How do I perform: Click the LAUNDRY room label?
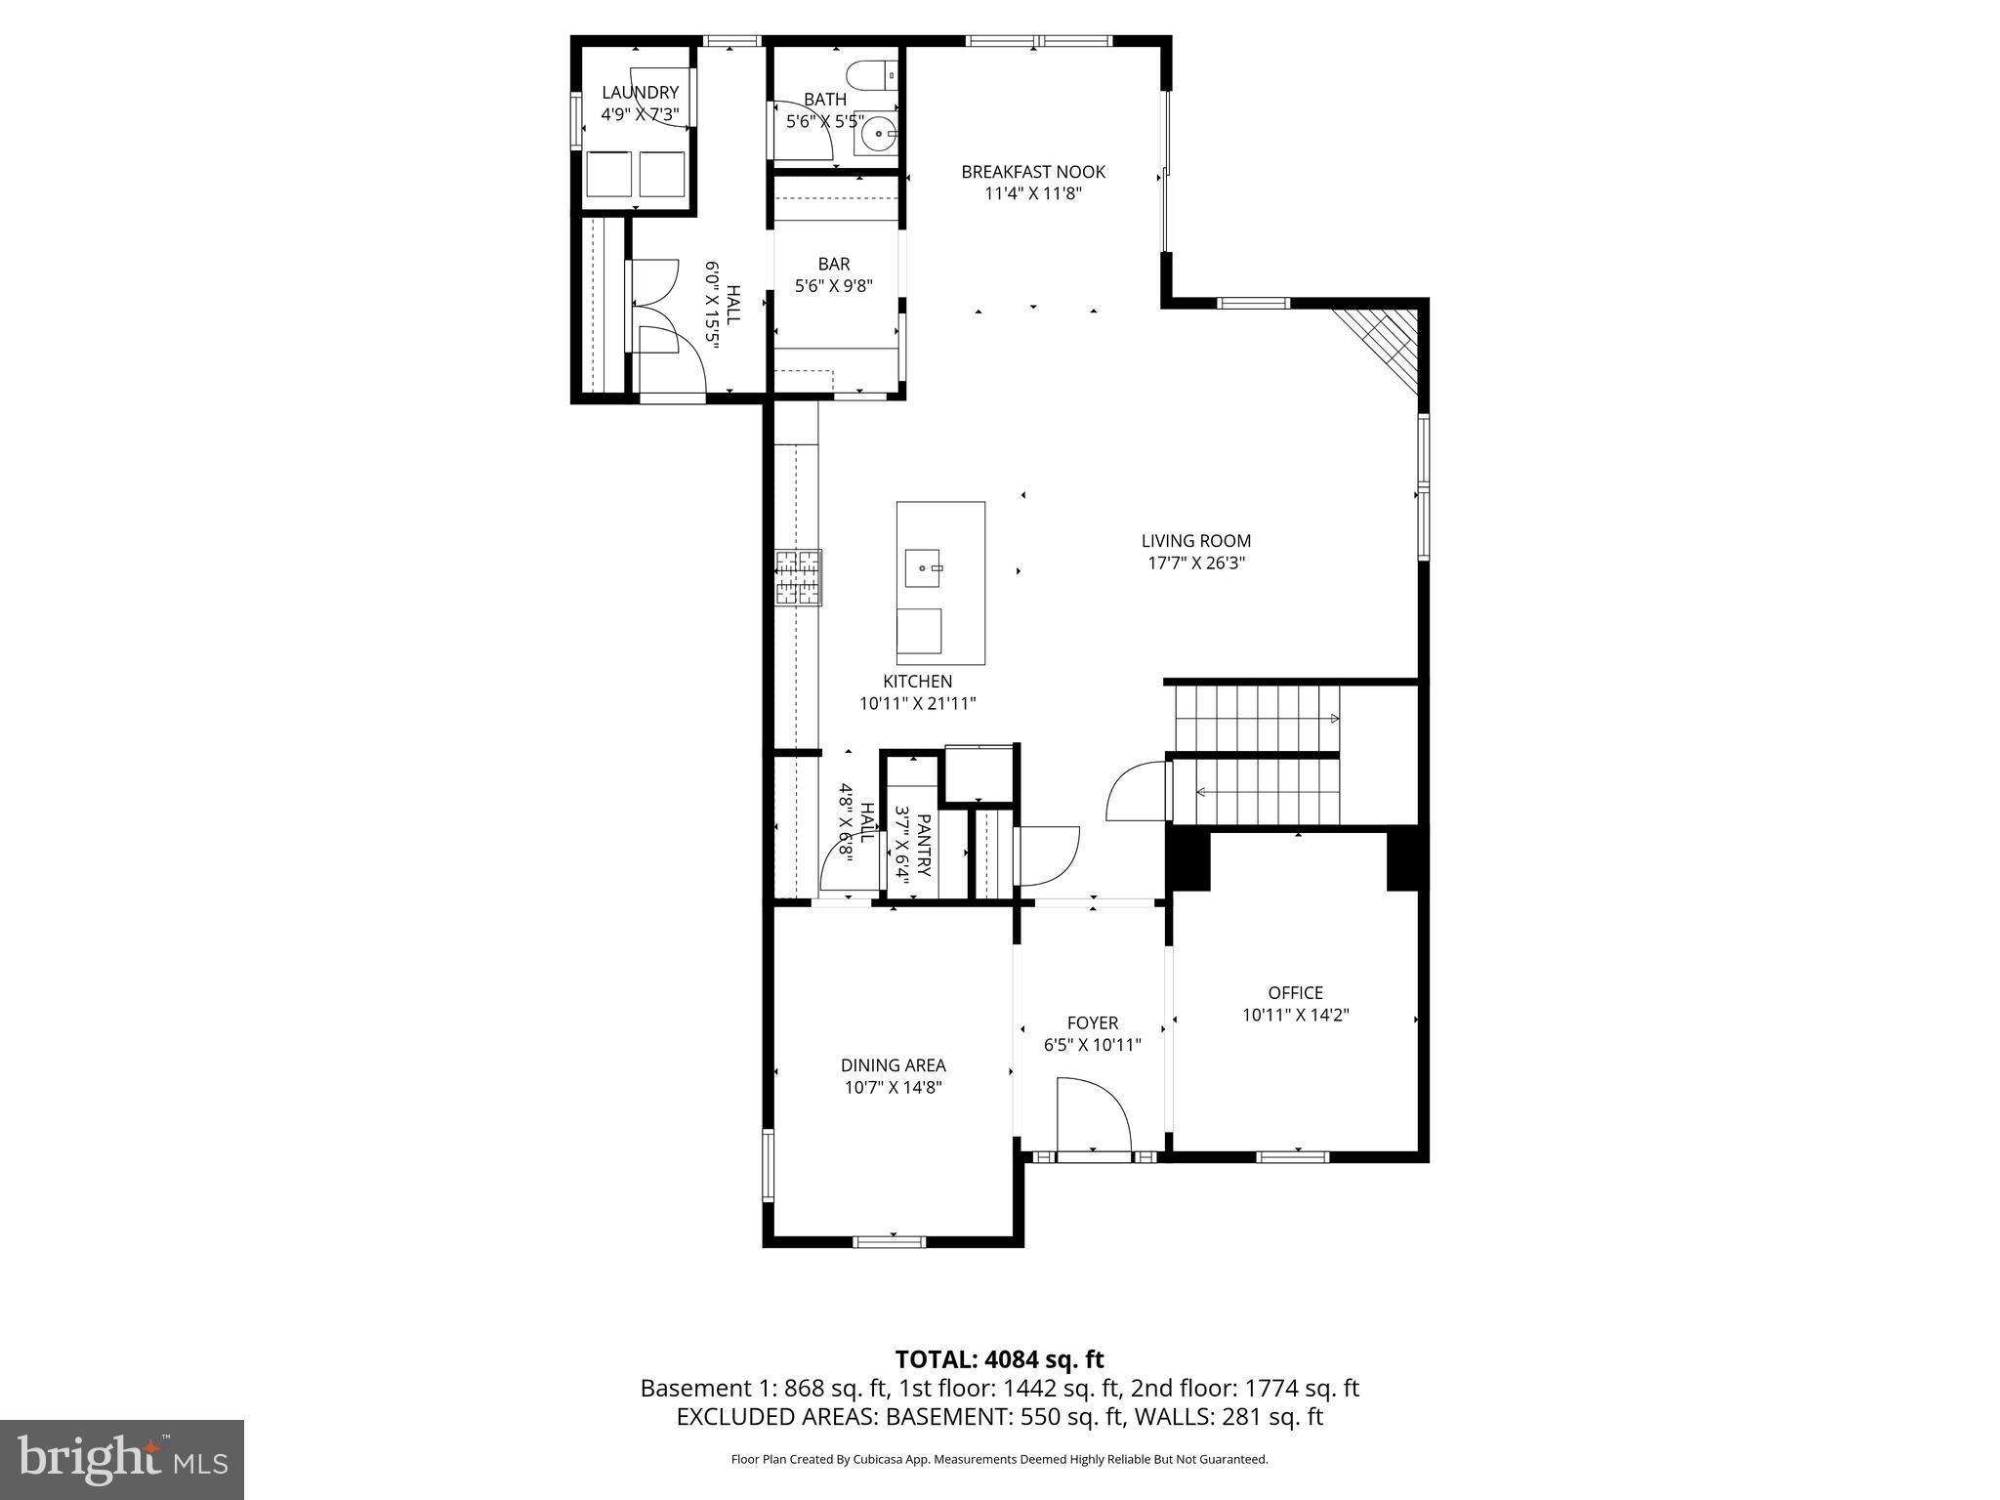click(640, 93)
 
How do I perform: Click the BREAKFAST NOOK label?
click(1033, 172)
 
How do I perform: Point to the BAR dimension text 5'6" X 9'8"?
click(833, 286)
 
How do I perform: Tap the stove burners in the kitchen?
click(798, 577)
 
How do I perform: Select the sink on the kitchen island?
click(922, 567)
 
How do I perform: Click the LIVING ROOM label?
click(1195, 540)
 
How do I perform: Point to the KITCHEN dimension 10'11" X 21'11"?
click(917, 703)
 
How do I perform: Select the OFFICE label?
click(1295, 992)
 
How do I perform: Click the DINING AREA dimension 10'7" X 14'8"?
click(893, 1087)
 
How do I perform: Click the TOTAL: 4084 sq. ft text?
click(999, 1359)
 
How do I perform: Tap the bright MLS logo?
click(122, 1459)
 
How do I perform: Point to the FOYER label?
click(1092, 1022)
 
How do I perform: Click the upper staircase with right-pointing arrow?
click(1255, 718)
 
